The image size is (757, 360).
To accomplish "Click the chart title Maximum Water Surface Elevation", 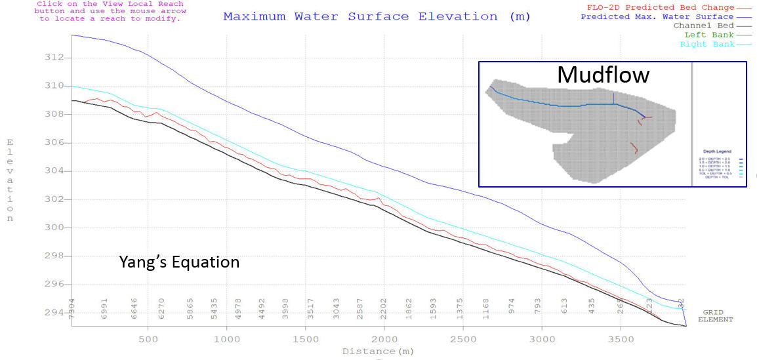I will click(x=377, y=16).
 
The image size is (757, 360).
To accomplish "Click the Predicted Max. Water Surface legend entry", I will click(x=666, y=16).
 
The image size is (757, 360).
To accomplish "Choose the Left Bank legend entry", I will click(x=710, y=35).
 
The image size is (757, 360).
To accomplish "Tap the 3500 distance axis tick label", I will click(x=621, y=339).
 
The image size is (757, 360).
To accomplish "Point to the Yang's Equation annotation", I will click(x=179, y=262).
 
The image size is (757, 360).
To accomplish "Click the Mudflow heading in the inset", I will click(x=603, y=75).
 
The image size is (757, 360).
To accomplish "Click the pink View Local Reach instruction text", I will click(x=111, y=11).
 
